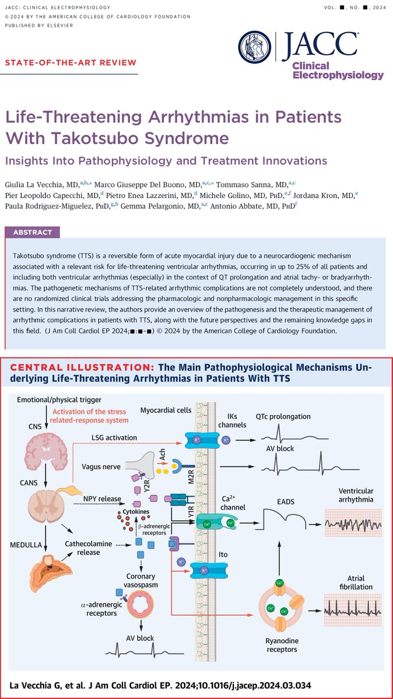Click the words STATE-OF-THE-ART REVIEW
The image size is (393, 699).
[72, 62]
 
